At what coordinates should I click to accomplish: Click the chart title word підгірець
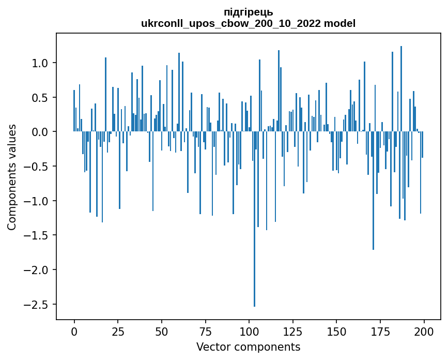pos(248,12)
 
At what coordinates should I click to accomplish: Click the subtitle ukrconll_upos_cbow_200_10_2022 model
pos(248,23)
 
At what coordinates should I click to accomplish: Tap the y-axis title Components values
pos(12,177)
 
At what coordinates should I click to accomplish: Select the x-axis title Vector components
pos(248,347)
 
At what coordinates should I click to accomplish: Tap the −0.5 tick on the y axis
pos(37,167)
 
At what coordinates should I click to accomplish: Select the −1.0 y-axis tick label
pos(37,201)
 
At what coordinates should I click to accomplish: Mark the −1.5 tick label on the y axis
pos(37,235)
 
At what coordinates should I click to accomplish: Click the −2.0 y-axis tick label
pos(37,270)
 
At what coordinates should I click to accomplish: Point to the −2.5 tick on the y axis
pos(37,305)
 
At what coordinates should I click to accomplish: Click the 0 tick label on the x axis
pos(74,331)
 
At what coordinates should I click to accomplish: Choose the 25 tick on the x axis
pos(118,331)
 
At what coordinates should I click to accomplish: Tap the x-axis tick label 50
pos(161,331)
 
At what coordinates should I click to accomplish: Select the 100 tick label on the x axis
pos(249,331)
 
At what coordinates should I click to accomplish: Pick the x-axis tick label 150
pos(336,331)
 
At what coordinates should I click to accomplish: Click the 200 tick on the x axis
pos(424,331)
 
